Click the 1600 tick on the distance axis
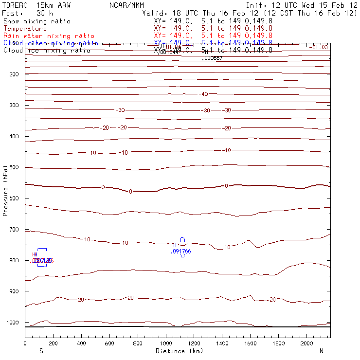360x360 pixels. tap(251, 343)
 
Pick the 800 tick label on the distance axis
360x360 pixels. tap(138, 343)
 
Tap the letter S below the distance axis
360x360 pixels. tap(41, 351)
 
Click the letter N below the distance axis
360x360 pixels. tap(322, 351)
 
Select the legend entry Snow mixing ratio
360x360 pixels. tap(37, 21)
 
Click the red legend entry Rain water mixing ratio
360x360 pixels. tap(49, 36)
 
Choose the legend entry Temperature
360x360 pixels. tap(25, 29)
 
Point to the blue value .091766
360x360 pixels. tap(180, 252)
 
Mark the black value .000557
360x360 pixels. tap(212, 58)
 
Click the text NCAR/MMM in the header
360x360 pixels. tap(126, 5)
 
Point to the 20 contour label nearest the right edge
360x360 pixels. tap(272, 300)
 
